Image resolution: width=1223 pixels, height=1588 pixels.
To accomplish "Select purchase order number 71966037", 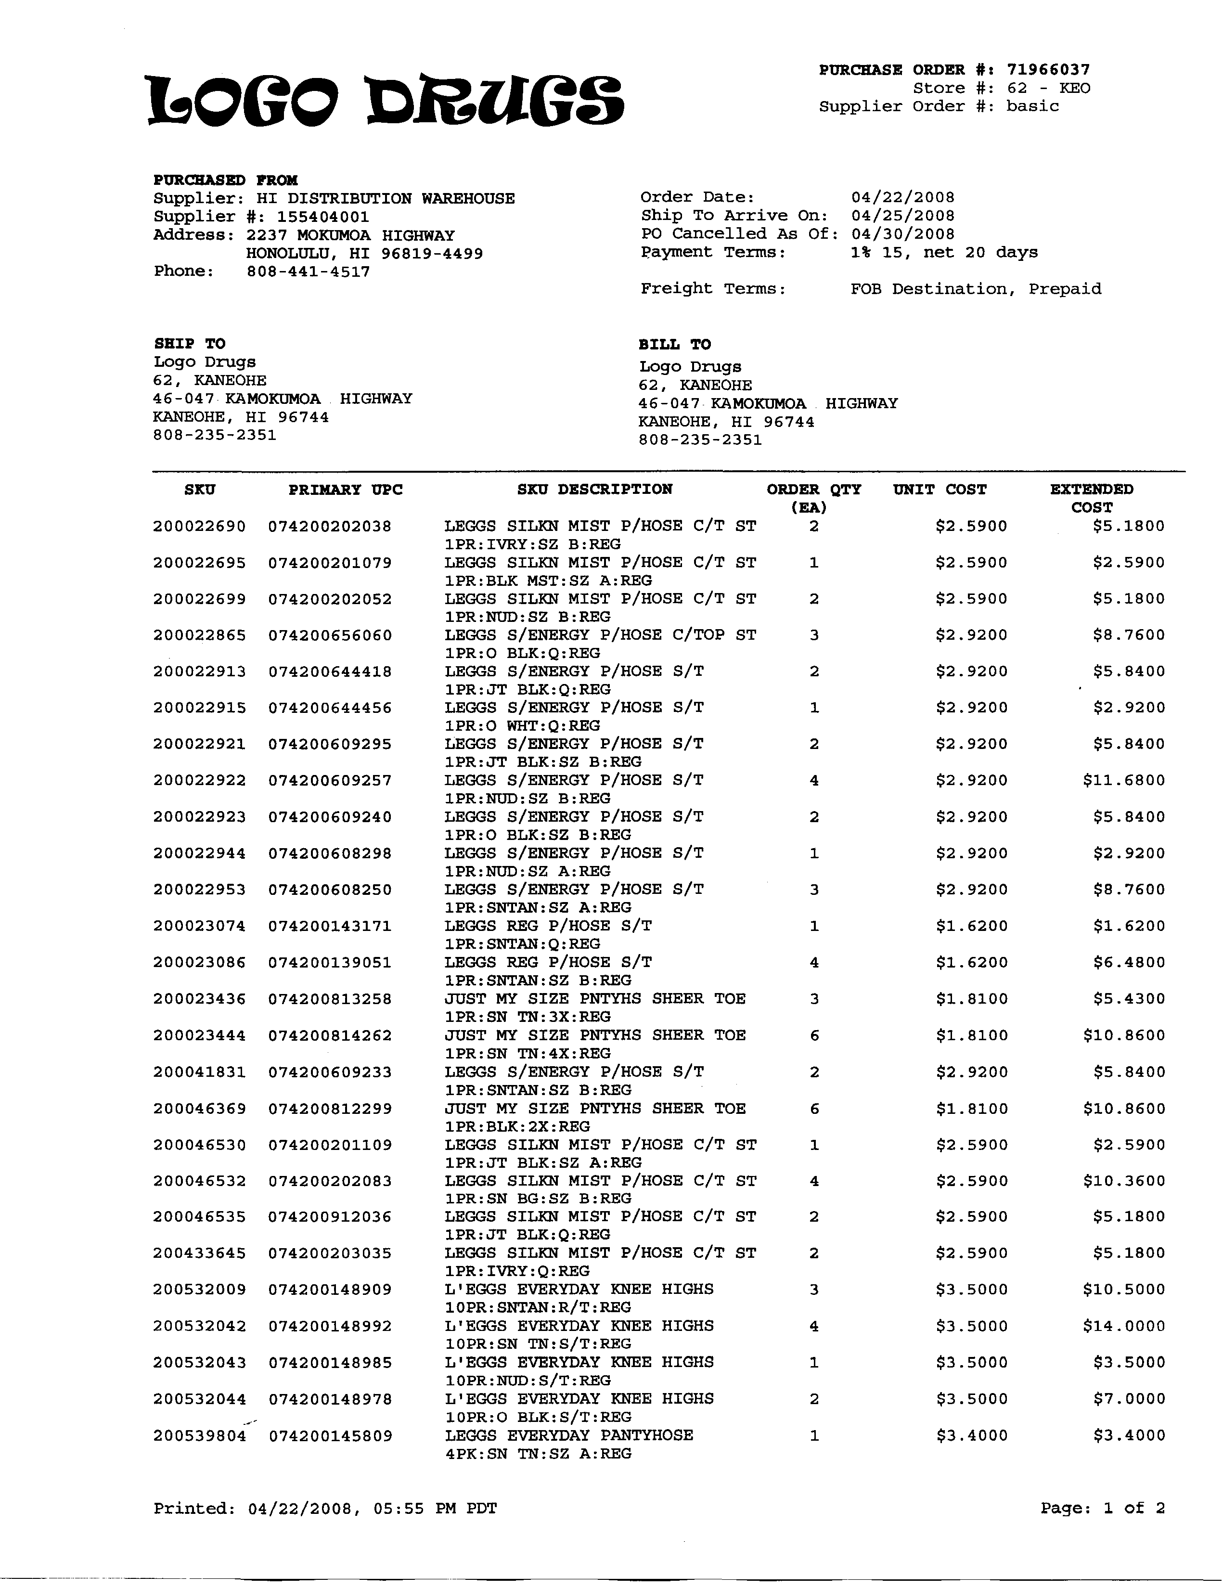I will pyautogui.click(x=1048, y=70).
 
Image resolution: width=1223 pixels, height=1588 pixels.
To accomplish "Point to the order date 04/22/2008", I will pyautogui.click(x=902, y=197).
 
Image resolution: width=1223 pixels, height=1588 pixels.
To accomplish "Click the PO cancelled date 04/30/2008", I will pyautogui.click(x=902, y=233).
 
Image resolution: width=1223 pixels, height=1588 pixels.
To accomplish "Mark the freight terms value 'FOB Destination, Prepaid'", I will pyautogui.click(x=976, y=289).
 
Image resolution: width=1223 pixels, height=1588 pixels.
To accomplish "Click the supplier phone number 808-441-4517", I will pyautogui.click(x=309, y=272).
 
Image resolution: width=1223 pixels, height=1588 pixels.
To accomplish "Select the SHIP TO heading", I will pyautogui.click(x=189, y=343).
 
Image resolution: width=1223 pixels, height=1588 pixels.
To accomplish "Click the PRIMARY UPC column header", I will pyautogui.click(x=346, y=490).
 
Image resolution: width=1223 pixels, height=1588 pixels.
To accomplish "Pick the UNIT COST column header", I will pyautogui.click(x=940, y=490).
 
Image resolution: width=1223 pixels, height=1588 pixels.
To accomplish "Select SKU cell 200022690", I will pyautogui.click(x=199, y=526).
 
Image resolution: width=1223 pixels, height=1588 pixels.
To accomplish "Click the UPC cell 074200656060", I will pyautogui.click(x=329, y=635).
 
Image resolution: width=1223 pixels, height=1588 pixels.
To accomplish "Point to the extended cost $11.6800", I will pyautogui.click(x=1123, y=780).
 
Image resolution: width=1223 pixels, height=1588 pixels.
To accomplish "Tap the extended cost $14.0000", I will pyautogui.click(x=1123, y=1326).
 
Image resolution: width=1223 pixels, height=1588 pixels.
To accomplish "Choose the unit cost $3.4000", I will pyautogui.click(x=971, y=1435).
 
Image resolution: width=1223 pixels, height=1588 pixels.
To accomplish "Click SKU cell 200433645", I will pyautogui.click(x=199, y=1253).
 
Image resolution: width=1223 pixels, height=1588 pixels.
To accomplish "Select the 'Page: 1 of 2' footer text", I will pyautogui.click(x=1102, y=1508).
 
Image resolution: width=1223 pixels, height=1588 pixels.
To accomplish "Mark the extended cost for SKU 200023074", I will pyautogui.click(x=1129, y=926).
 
